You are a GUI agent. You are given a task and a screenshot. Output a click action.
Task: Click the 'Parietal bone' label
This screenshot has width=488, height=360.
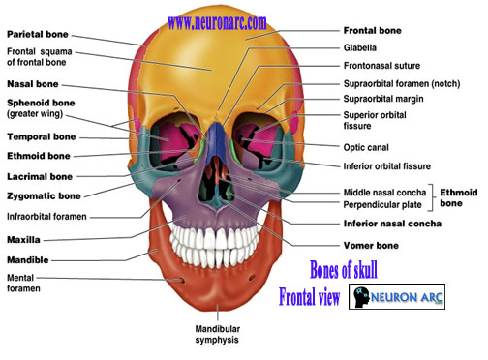click(38, 34)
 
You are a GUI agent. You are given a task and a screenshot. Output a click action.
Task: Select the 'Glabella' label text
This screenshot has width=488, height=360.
click(360, 47)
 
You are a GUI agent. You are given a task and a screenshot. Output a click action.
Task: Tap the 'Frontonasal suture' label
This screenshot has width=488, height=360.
click(381, 66)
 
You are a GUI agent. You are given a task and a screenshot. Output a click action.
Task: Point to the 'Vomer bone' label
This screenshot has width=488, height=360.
click(371, 246)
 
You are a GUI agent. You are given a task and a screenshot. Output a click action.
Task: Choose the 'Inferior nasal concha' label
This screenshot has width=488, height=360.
click(392, 224)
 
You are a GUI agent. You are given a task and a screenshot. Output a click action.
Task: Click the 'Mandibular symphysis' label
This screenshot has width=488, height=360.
click(217, 334)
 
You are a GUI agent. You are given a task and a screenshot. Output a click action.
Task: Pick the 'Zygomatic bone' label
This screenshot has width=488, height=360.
click(44, 196)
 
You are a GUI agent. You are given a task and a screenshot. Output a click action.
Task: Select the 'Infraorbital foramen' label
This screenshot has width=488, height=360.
click(46, 217)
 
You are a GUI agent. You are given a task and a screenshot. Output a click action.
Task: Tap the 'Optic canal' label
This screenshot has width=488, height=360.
click(366, 148)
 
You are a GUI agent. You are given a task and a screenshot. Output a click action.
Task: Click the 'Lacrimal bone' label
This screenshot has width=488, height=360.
click(40, 177)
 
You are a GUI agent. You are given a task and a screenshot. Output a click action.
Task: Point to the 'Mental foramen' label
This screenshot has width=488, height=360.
click(23, 283)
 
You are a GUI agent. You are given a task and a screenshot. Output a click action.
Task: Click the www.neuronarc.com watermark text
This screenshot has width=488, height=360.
click(217, 23)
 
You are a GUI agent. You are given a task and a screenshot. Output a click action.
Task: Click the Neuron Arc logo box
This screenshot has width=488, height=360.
click(397, 297)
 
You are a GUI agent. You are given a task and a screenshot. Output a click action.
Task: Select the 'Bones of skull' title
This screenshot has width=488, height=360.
click(344, 269)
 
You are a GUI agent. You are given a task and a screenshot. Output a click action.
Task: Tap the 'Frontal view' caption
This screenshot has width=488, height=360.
click(309, 297)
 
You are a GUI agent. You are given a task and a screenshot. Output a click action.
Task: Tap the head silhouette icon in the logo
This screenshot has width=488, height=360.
click(361, 297)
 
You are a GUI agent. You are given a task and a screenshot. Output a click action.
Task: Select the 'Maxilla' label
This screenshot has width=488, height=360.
click(23, 240)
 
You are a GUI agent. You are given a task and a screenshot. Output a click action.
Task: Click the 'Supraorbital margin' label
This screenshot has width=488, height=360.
click(383, 99)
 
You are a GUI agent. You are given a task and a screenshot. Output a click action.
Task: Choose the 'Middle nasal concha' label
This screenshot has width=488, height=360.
click(384, 193)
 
